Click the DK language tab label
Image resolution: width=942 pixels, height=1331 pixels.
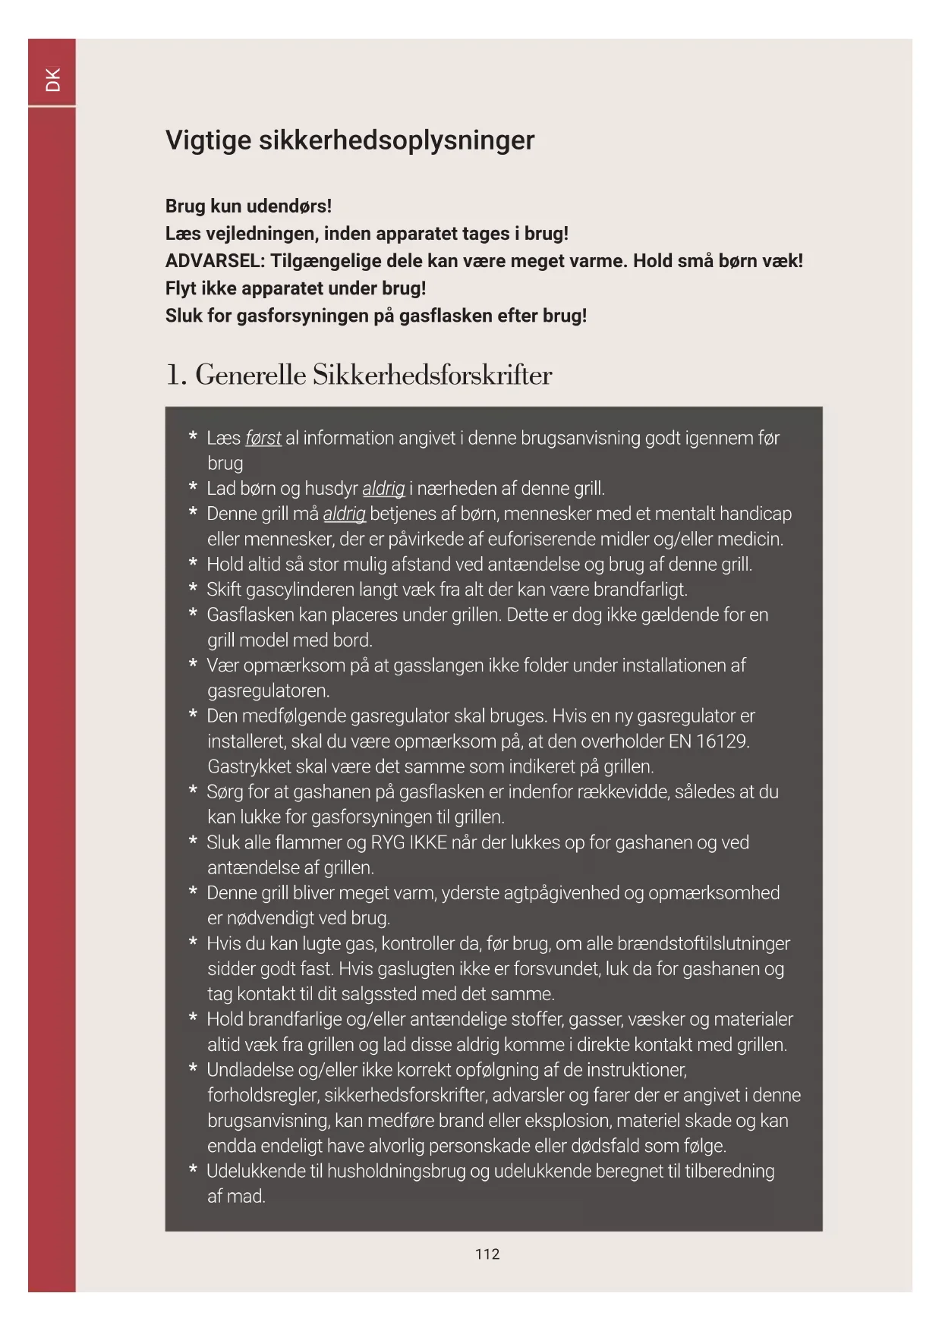point(52,80)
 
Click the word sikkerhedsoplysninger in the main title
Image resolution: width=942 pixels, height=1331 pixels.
point(396,140)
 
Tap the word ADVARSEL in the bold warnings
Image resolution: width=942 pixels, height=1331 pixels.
point(215,261)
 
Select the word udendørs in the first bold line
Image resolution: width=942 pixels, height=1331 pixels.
point(291,206)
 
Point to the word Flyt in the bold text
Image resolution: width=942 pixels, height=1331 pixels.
point(181,288)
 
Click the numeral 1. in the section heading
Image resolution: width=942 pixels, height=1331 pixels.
point(176,375)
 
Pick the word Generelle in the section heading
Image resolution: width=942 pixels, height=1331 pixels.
point(250,375)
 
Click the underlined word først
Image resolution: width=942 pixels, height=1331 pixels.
point(263,439)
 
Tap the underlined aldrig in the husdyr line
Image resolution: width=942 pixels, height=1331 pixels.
point(383,489)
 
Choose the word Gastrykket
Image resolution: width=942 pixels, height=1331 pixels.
point(250,766)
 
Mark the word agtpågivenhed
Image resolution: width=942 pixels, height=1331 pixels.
point(558,893)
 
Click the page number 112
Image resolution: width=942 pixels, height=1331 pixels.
point(487,1254)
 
